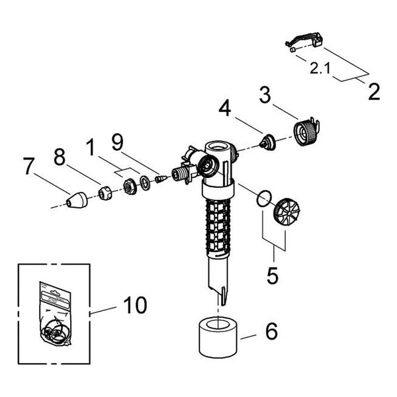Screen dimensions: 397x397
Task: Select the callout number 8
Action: (x=60, y=157)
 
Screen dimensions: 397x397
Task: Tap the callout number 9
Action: (x=118, y=142)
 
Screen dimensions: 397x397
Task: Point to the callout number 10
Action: (x=135, y=305)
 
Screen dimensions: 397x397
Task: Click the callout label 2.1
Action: (x=320, y=69)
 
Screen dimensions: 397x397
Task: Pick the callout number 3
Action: (x=265, y=95)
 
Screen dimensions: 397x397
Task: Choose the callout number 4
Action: (x=225, y=108)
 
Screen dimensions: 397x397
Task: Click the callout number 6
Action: (x=271, y=331)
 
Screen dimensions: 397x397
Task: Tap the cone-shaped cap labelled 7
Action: (x=77, y=200)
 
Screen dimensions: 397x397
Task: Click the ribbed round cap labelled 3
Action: (x=306, y=132)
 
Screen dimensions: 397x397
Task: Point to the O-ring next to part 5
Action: (x=264, y=198)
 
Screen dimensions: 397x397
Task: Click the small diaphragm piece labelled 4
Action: (x=268, y=143)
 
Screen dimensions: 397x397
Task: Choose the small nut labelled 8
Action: (x=105, y=193)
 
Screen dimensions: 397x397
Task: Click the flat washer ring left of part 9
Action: (x=145, y=183)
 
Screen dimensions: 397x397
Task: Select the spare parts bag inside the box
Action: (x=55, y=314)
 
